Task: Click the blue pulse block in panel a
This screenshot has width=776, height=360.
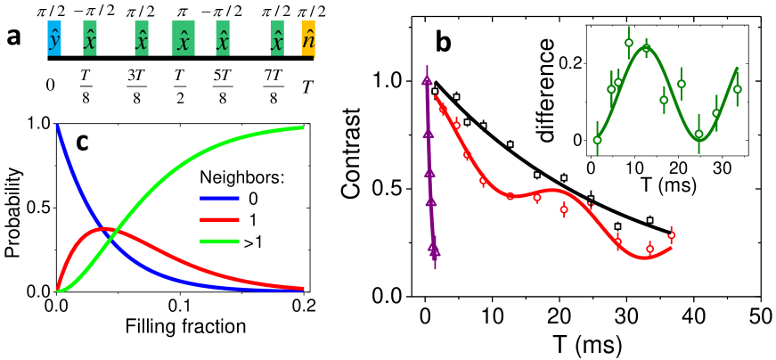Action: pyautogui.click(x=53, y=41)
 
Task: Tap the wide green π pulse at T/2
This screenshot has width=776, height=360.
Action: pyautogui.click(x=184, y=41)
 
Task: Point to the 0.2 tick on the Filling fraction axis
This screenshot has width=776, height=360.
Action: pyautogui.click(x=304, y=304)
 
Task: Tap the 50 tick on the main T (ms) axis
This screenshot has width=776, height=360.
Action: pyautogui.click(x=759, y=317)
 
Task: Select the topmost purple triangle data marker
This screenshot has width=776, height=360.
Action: pyautogui.click(x=426, y=81)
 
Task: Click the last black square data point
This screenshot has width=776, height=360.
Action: pyautogui.click(x=649, y=220)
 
